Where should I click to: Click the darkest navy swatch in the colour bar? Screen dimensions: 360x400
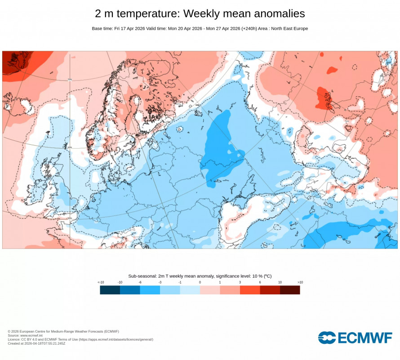[x=110, y=290]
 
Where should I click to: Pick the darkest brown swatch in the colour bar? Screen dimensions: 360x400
[x=290, y=290]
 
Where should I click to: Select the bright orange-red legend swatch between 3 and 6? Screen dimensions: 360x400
[x=250, y=290]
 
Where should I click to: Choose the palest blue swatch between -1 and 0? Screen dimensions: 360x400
[x=190, y=290]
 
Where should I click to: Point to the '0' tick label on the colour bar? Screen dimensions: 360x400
[x=200, y=282]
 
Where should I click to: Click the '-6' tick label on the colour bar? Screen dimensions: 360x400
[x=140, y=282]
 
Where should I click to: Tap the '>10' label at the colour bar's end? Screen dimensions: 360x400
[x=300, y=282]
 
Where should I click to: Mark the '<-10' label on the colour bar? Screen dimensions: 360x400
[x=101, y=282]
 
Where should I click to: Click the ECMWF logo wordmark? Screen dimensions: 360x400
[x=355, y=338]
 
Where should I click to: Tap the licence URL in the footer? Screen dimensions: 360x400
[x=116, y=339]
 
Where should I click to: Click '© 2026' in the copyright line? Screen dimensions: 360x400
[x=13, y=331]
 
